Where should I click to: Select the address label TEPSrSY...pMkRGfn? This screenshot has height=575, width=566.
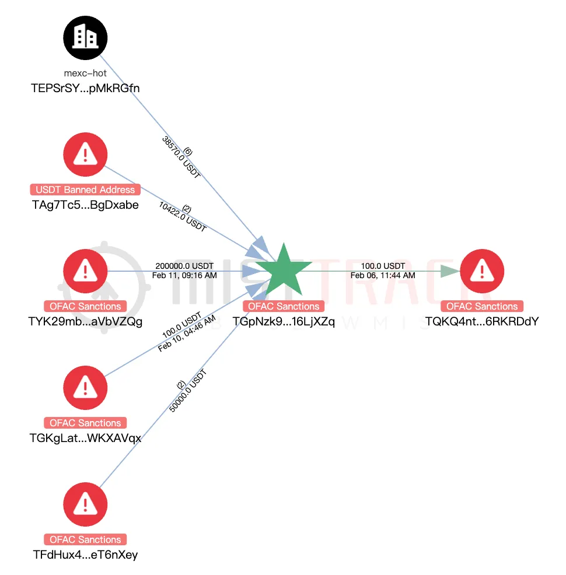coord(85,88)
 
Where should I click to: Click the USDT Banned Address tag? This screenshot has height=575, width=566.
coord(85,190)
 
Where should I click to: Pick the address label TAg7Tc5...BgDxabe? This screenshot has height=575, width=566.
coord(85,205)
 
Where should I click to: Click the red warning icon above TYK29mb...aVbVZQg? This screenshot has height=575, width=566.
coord(85,271)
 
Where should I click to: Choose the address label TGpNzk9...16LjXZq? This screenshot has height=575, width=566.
coord(284,321)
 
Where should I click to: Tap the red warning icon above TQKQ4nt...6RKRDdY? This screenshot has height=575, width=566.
coord(482,271)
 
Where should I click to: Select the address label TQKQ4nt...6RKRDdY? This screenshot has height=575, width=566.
coord(482,321)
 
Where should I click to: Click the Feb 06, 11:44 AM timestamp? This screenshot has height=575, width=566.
coord(383,275)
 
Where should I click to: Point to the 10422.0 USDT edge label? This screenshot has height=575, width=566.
coord(182,217)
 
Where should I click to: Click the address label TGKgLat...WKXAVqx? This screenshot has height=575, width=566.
coord(85,438)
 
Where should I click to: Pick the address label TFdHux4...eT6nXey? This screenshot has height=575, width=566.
coord(85,555)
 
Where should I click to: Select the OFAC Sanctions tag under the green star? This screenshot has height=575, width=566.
coord(284,306)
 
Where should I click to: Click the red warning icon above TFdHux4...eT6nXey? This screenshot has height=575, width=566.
coord(85,504)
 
